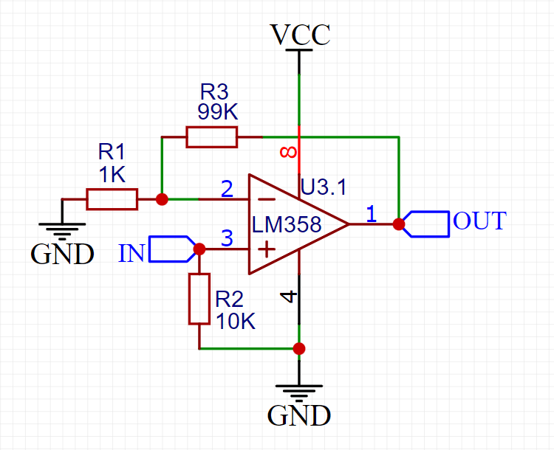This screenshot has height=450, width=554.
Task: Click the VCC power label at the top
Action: tap(300, 35)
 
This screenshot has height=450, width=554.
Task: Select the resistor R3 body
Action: tap(212, 137)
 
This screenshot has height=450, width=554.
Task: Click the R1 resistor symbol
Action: tap(112, 199)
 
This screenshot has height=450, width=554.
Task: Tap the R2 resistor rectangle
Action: tap(199, 299)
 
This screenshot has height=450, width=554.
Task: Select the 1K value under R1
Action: tap(112, 175)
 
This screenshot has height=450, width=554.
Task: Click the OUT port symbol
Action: tap(428, 224)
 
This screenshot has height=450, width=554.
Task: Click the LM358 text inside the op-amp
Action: tap(287, 224)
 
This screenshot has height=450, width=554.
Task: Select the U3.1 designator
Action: tap(323, 187)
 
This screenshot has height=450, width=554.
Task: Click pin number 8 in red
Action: tap(289, 153)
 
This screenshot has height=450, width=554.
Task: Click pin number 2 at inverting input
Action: tap(228, 189)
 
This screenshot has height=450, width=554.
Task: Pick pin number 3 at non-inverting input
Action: tap(228, 238)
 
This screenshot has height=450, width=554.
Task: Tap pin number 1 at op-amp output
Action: tap(371, 213)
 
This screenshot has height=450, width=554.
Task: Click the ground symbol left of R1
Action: tap(62, 232)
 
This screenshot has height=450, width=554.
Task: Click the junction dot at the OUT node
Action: tap(399, 224)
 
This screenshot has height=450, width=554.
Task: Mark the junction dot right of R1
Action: tap(162, 199)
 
